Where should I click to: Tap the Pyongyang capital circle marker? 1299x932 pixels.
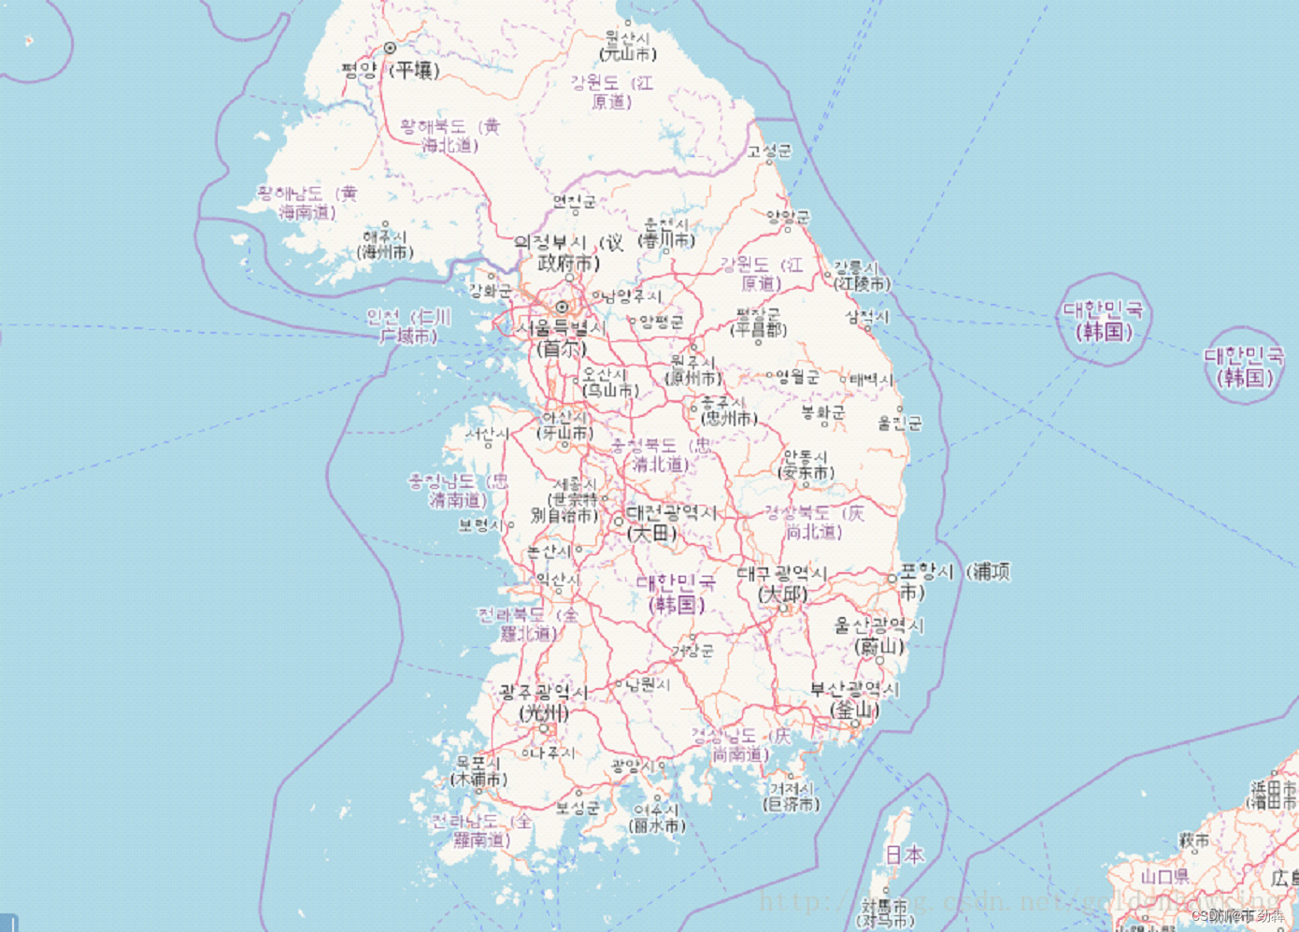[x=390, y=48]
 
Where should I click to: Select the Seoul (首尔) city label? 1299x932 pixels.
[x=561, y=338]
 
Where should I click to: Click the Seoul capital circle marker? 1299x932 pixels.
[x=562, y=307]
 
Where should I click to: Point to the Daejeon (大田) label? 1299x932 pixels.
[x=671, y=523]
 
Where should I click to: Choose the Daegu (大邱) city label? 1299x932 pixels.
[x=782, y=583]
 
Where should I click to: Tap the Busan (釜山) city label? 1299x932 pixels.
[x=854, y=699]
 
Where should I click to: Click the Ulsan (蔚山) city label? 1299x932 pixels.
[x=878, y=636]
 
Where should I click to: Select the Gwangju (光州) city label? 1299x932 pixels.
[x=543, y=702]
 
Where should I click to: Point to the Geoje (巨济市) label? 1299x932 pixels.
[x=792, y=796]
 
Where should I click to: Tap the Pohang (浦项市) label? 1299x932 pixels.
[x=953, y=581]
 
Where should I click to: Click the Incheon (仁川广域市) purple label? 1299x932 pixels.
[x=408, y=326]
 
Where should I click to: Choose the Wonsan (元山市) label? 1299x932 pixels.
[x=628, y=46]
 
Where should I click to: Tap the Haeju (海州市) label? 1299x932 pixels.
[x=385, y=244]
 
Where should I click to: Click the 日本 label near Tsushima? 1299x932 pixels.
[x=904, y=854]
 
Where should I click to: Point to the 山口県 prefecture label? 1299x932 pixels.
[x=1163, y=877]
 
